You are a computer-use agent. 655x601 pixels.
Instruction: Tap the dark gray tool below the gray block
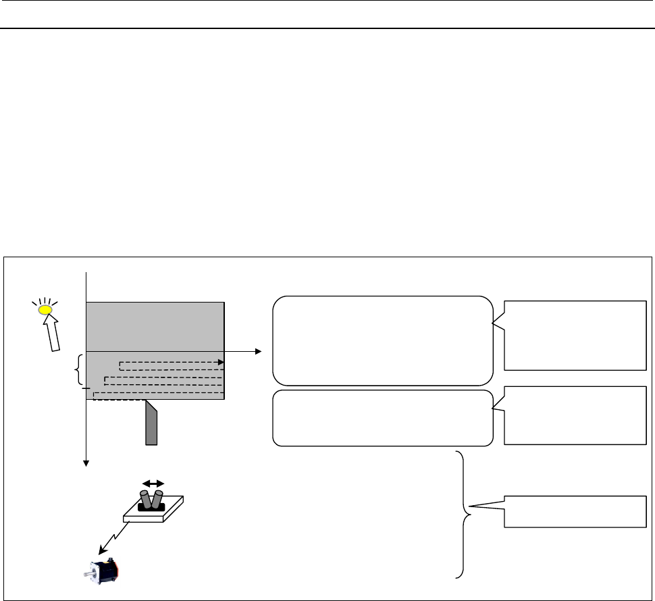pyautogui.click(x=151, y=424)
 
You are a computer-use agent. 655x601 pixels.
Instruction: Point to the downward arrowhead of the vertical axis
pyautogui.click(x=86, y=463)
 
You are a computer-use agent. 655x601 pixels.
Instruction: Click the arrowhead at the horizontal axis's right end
pyautogui.click(x=258, y=352)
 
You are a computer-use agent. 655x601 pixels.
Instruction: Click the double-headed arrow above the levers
pyautogui.click(x=153, y=484)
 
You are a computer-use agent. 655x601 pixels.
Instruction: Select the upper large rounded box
pyautogui.click(x=382, y=340)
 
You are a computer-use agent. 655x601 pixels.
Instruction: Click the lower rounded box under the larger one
pyautogui.click(x=382, y=418)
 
